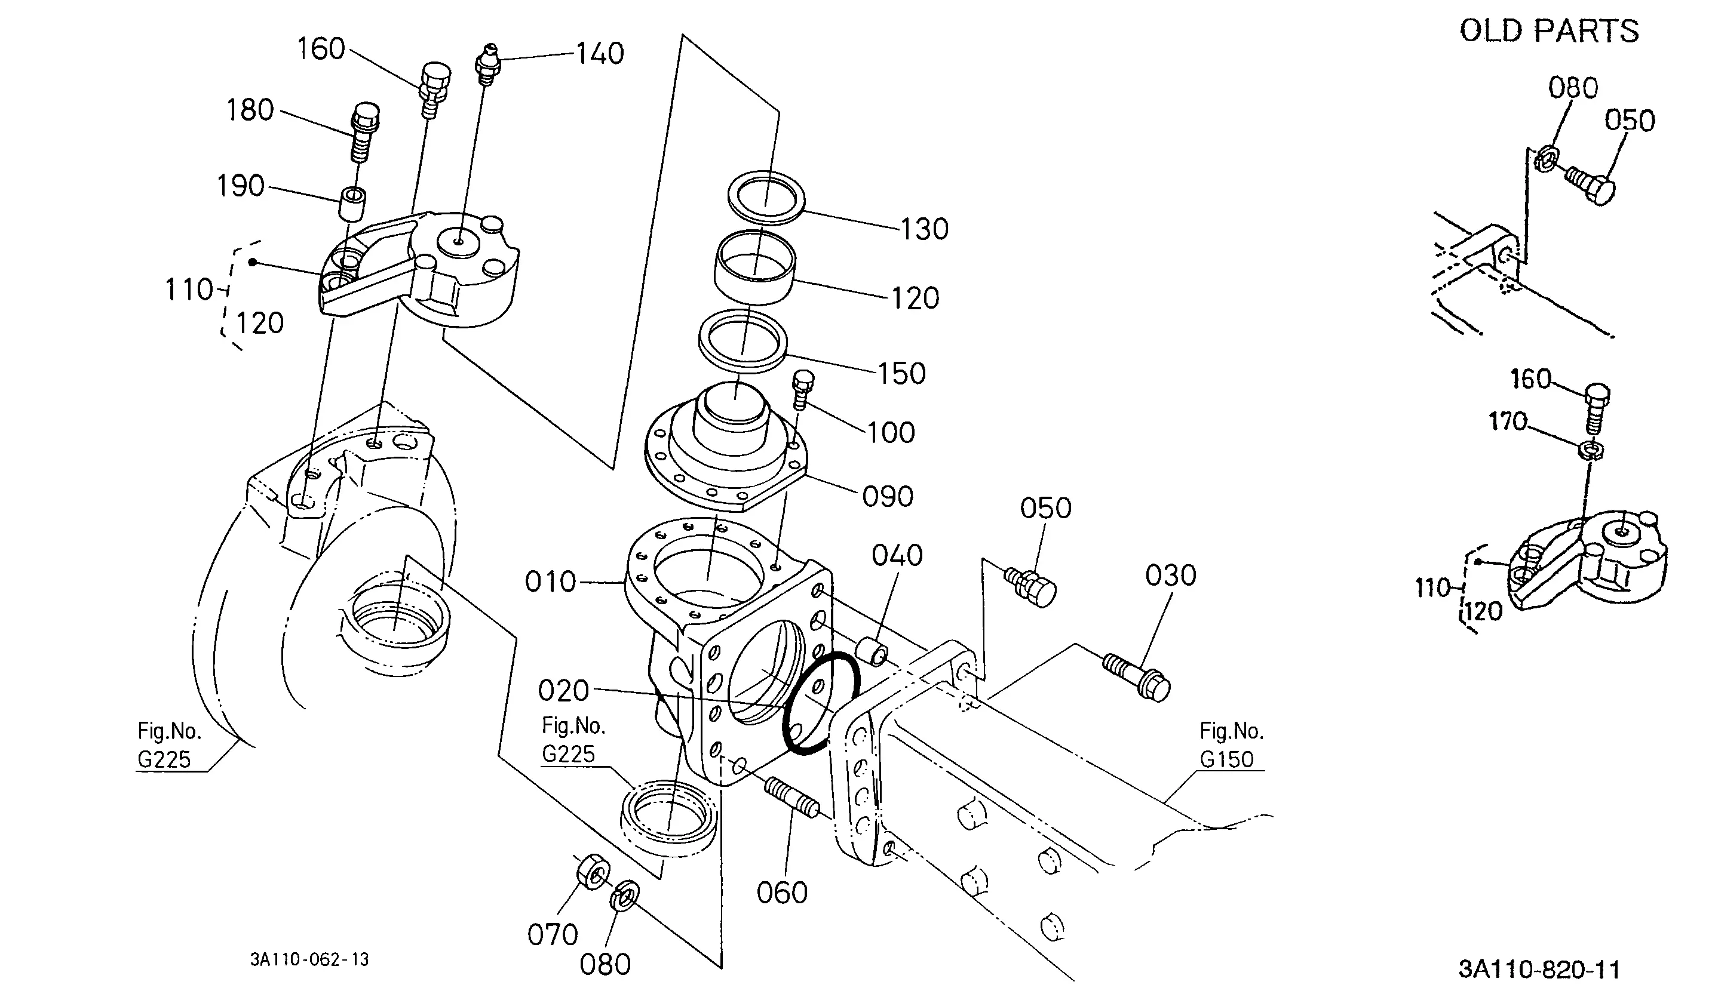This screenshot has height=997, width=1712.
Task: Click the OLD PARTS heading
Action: pos(1549,31)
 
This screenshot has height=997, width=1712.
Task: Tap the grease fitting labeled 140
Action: pos(486,63)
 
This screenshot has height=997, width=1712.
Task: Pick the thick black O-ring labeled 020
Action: pos(821,704)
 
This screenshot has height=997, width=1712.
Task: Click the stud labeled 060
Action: pos(791,799)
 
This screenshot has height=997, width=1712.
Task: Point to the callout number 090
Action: pos(887,497)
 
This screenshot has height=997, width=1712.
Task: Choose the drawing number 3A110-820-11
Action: pos(1539,969)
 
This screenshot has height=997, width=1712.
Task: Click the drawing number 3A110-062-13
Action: pos(310,959)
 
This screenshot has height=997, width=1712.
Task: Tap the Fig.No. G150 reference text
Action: pos(1231,745)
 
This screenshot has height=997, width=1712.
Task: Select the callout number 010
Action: pos(550,582)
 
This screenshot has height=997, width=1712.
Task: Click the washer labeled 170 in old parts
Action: pos(1592,449)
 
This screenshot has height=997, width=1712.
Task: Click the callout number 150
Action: pos(901,374)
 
